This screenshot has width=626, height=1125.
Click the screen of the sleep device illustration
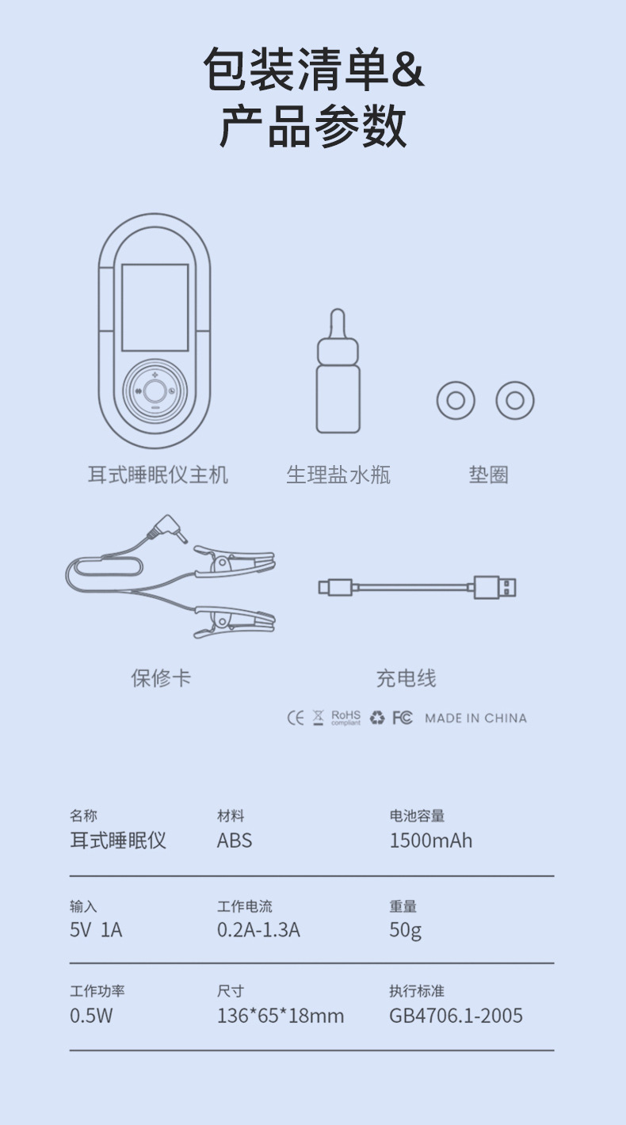155,307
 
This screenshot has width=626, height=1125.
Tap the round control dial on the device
155,390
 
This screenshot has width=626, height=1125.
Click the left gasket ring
456,401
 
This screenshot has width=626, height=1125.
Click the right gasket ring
515,401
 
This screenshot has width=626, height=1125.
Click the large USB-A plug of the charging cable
496,587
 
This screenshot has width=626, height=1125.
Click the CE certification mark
295,718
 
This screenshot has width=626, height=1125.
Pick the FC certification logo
403,718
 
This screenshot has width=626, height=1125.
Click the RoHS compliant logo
345,717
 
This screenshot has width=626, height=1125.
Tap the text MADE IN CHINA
475,718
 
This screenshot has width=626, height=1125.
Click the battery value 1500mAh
430,841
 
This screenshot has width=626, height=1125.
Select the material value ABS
235,841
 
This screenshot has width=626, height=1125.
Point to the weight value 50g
405,929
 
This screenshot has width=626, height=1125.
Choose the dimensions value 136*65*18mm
281,1016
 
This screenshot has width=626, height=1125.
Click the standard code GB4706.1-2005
456,1016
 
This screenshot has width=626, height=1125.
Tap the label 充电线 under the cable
406,678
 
